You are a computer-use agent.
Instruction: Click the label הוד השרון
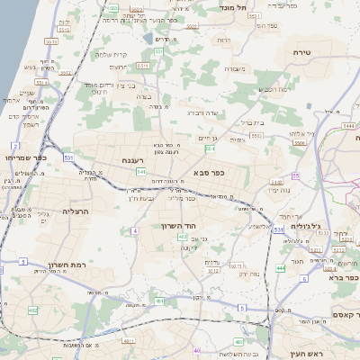coord(178,226)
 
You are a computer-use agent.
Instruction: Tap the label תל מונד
coord(235,6)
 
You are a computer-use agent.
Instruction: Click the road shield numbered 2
coord(15,145)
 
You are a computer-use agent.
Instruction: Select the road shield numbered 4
coord(134,231)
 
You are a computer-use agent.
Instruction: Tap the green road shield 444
coord(281,268)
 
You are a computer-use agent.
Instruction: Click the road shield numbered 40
coord(197,350)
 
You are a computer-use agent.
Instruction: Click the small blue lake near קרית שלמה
coord(148,40)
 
